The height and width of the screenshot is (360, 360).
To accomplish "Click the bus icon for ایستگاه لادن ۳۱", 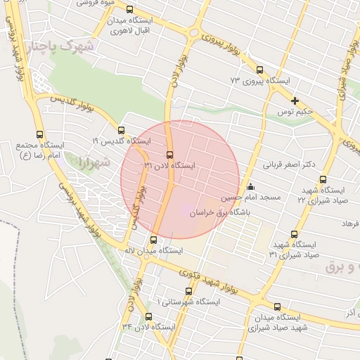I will point(169,155).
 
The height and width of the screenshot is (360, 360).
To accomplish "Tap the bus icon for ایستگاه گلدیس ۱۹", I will point(121,130).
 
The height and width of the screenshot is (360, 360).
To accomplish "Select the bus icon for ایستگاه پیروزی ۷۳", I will point(260,70).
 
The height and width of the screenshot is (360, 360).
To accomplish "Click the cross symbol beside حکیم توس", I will point(295,101).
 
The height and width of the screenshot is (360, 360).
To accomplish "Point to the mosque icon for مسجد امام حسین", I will point(250,186).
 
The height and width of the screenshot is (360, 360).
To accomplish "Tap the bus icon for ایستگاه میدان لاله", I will point(154,239).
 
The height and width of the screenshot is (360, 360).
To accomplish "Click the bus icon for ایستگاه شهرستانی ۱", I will point(188,290).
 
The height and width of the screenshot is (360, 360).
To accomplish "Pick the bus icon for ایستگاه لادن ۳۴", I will point(148,316).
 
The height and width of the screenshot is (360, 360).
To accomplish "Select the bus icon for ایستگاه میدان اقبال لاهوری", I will point(129,9).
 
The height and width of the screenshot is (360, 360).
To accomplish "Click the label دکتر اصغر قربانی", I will point(288,165).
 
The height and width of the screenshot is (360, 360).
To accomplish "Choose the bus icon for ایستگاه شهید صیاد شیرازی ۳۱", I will point(294,234).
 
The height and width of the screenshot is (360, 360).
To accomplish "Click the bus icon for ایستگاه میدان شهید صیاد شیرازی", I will point(278,307).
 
